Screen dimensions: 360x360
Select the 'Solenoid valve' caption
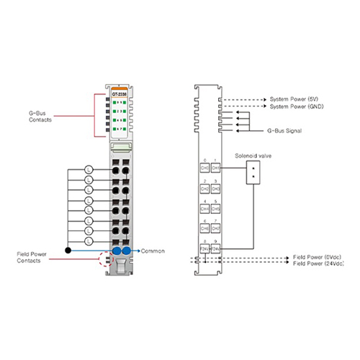(251, 155)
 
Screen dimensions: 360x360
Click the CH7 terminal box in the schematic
(216, 228)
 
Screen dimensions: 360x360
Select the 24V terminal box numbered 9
(216, 248)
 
